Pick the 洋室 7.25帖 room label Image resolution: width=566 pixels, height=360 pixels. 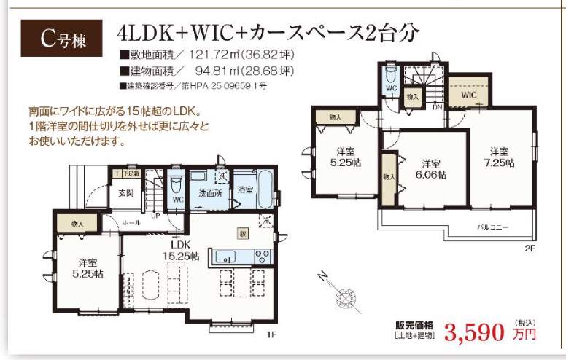click(x=499, y=157)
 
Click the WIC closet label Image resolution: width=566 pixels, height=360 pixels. click(x=468, y=95)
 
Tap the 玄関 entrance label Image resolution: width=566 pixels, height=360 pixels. click(x=125, y=194)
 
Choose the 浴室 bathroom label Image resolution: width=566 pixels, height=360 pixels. click(x=244, y=189)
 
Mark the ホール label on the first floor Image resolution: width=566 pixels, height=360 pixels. click(x=132, y=222)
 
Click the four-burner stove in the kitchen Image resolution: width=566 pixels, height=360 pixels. click(x=262, y=255)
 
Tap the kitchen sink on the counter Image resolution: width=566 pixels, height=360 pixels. click(x=225, y=256)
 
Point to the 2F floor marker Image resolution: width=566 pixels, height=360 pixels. click(x=529, y=248)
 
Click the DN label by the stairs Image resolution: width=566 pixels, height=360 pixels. click(x=437, y=107)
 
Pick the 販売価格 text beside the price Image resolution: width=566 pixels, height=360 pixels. click(x=414, y=325)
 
